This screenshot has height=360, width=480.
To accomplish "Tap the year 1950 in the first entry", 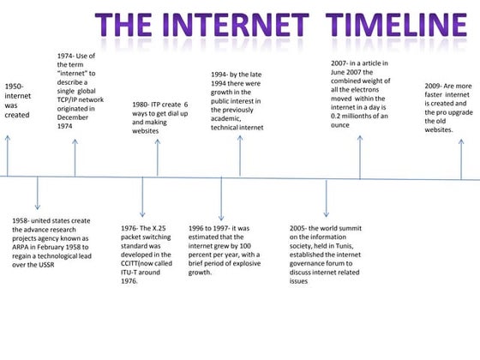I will click(x=14, y=87).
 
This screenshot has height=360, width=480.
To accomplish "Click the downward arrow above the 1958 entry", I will click(x=37, y=195).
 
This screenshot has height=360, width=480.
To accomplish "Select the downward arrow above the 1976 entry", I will click(x=143, y=196).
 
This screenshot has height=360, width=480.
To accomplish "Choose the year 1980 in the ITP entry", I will click(x=141, y=105).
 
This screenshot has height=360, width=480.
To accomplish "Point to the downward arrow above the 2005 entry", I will click(x=326, y=196).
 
